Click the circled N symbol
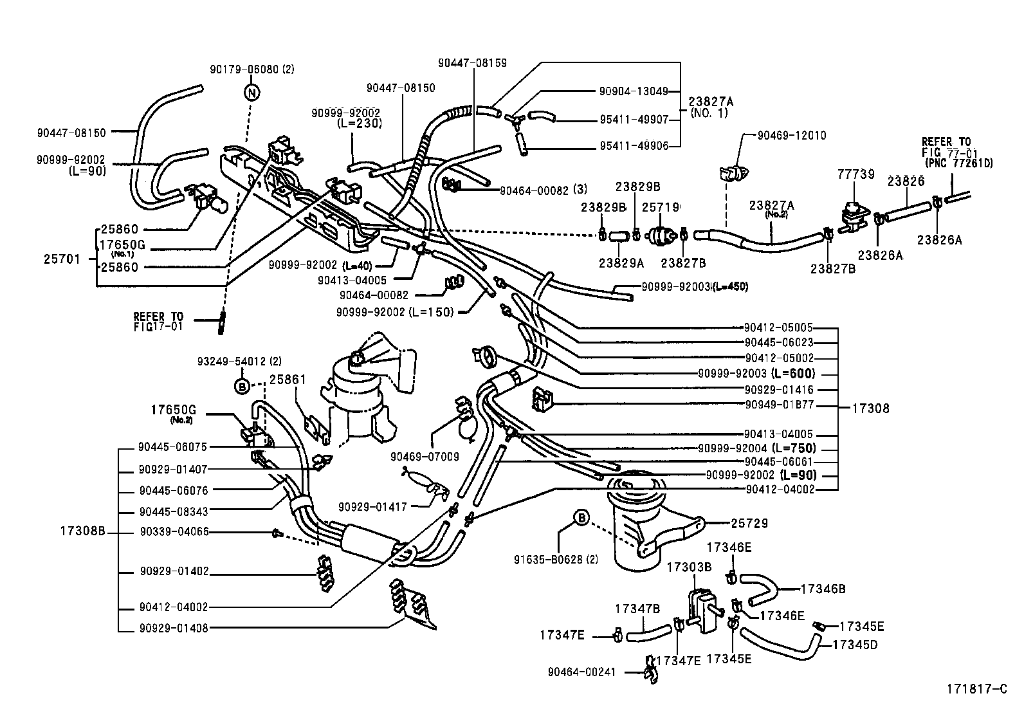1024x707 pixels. (x=253, y=93)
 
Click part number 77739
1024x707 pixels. (x=855, y=174)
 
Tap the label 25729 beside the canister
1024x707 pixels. (x=749, y=524)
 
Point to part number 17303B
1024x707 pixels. (x=689, y=567)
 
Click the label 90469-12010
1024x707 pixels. (x=791, y=136)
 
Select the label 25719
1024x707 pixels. (x=661, y=207)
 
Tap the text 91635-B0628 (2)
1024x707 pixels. (x=555, y=560)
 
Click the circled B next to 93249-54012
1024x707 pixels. (x=242, y=386)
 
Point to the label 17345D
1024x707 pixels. (x=855, y=643)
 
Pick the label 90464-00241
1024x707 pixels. (x=581, y=672)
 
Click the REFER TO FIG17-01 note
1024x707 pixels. (x=158, y=321)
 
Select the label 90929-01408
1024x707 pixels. (x=174, y=628)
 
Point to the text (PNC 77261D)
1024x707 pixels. (x=959, y=163)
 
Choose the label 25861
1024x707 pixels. (x=288, y=380)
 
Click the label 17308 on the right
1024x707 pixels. (x=871, y=408)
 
